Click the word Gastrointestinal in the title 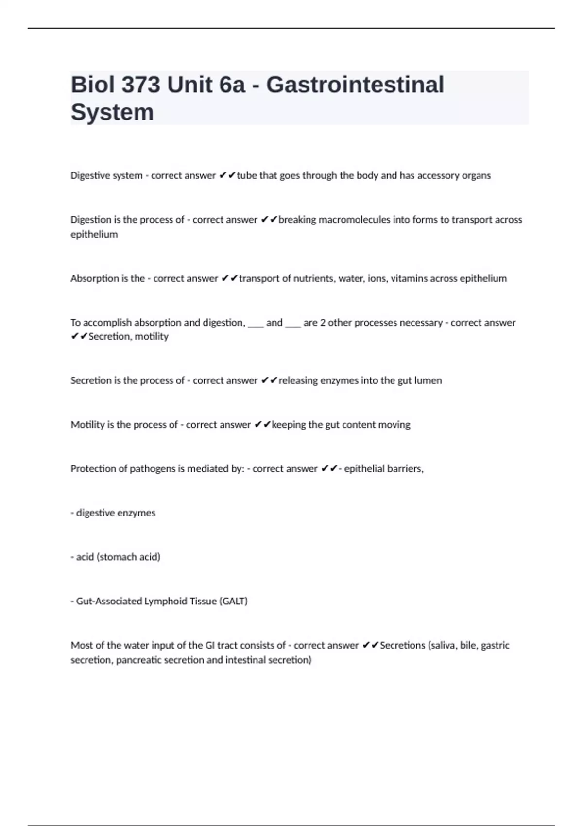click(x=355, y=85)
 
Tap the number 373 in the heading click(x=140, y=85)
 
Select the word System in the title click(x=112, y=112)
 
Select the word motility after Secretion click(x=152, y=336)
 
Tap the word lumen click(x=428, y=380)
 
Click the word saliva click(x=445, y=645)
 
